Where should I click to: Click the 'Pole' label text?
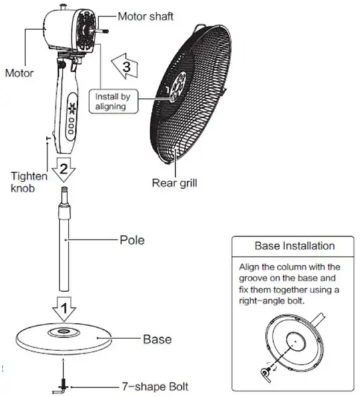click(132, 237)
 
